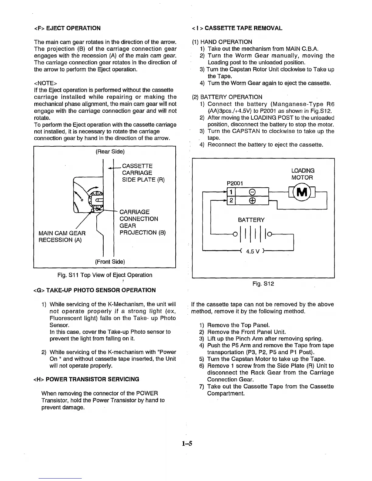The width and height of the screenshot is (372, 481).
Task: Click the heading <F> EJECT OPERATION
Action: (67, 28)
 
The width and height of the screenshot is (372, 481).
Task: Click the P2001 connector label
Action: (235, 183)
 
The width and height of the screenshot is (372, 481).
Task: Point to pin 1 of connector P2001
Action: (231, 192)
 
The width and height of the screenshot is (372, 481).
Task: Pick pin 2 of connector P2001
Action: (231, 200)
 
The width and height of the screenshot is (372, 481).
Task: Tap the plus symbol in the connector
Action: (252, 200)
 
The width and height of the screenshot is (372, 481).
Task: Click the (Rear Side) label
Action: (110, 151)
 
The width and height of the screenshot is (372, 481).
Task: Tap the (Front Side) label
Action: (110, 261)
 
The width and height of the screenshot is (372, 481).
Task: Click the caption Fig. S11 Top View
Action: (105, 275)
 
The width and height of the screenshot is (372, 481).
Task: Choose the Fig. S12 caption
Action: (263, 284)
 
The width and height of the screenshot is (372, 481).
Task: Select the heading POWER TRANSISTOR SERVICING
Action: (86, 379)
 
